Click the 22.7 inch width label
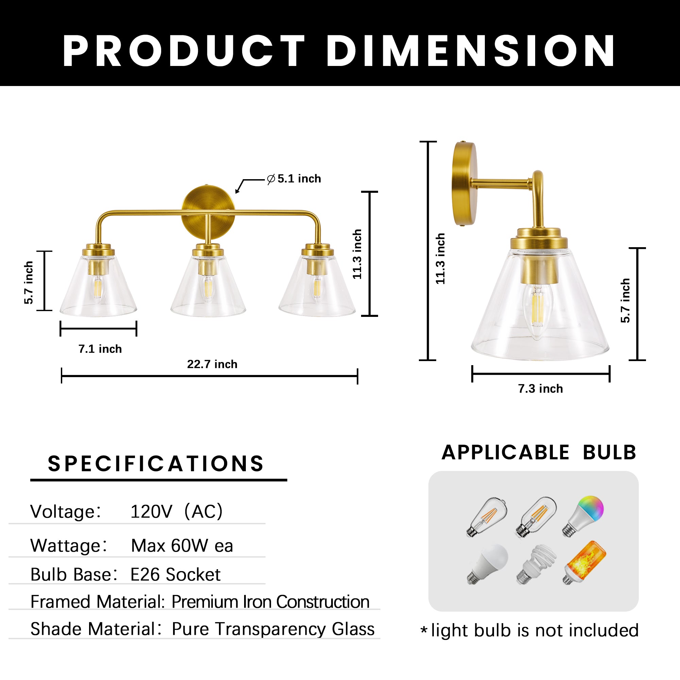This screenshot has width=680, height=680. (x=212, y=364)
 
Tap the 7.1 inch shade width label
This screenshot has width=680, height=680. (x=100, y=349)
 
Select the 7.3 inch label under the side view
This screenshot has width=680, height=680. (x=540, y=389)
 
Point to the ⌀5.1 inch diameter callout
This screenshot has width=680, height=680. (x=294, y=179)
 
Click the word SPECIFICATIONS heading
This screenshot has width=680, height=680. (x=156, y=463)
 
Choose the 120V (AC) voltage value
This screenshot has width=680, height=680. (x=176, y=511)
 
